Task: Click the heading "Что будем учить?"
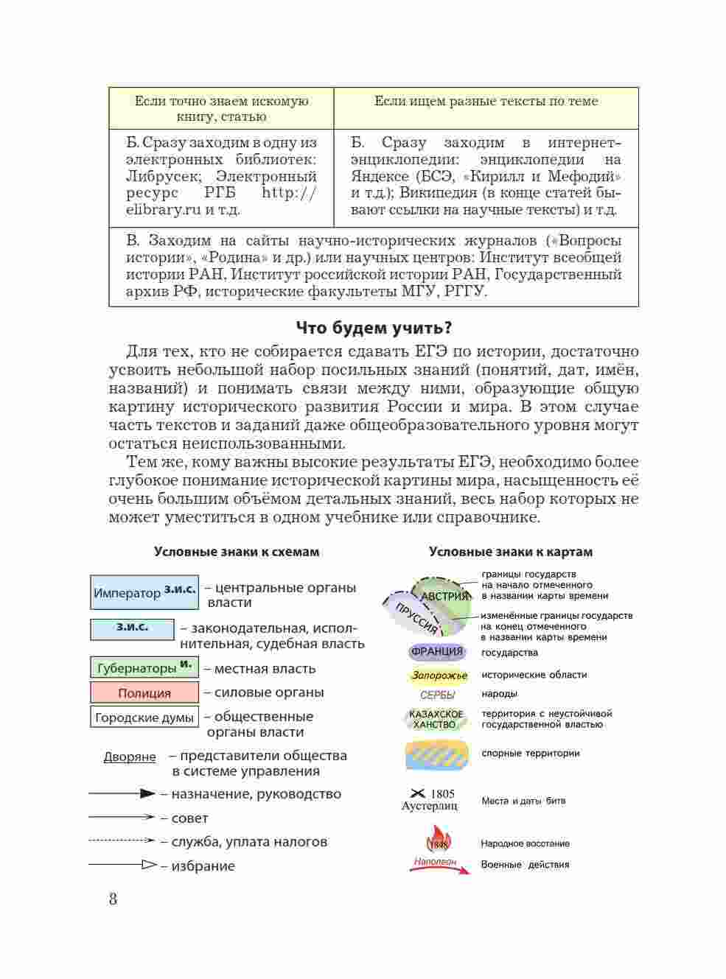pos(374,328)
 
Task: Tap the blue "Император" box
pos(144,593)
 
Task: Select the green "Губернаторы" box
pos(144,668)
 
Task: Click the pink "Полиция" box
pos(144,692)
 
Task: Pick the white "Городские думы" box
pos(144,717)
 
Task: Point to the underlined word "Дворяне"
pos(130,757)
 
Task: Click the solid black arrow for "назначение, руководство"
pos(122,794)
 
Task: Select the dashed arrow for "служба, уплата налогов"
pos(122,841)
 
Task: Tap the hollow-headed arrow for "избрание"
pos(122,865)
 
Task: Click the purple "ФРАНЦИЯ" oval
pos(437,652)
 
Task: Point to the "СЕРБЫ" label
pos(438,695)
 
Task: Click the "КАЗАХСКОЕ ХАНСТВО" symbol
pos(436,719)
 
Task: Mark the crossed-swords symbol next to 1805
pos(418,793)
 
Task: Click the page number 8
pos(113,899)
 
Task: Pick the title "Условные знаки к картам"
pos(511,552)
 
